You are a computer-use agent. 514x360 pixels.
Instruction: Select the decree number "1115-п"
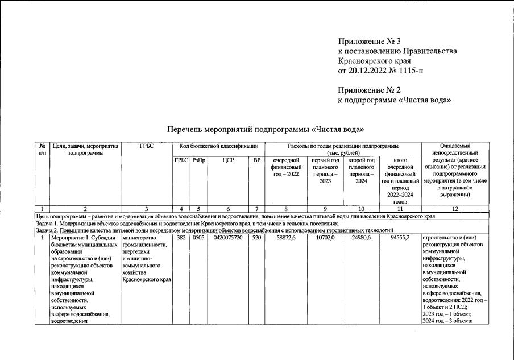click(411, 71)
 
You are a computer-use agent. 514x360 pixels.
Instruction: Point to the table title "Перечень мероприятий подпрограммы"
click(239, 129)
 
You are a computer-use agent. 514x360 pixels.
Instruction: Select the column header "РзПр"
click(198, 160)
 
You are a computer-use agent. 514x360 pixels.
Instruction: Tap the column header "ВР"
click(257, 160)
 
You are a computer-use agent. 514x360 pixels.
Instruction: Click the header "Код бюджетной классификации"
click(218, 146)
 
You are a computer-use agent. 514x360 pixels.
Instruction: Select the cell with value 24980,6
click(360, 238)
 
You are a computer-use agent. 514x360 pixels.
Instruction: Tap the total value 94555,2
click(400, 238)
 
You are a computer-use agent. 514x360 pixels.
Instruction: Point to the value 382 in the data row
click(181, 238)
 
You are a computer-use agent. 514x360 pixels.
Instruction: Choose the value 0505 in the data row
click(198, 238)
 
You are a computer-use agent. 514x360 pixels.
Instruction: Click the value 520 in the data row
click(257, 238)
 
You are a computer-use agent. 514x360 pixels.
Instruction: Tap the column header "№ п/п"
click(42, 150)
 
